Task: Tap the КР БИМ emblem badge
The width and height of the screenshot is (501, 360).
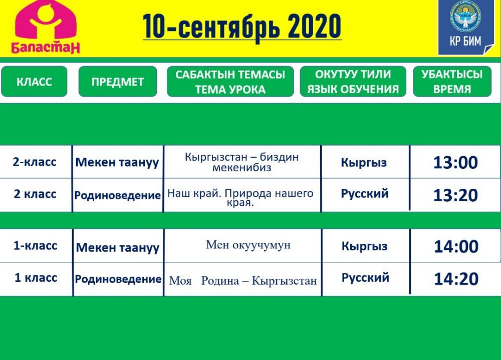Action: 466,27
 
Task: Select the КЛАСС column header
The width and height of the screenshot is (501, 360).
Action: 34,82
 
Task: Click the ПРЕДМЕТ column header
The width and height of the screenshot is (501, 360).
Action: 118,82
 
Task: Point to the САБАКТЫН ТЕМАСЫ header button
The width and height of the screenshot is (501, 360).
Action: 230,82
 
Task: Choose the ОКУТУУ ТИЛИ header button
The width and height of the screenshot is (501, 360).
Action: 353,82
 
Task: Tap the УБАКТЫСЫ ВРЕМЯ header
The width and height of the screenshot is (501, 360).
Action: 452,82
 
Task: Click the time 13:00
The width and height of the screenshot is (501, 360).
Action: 455,162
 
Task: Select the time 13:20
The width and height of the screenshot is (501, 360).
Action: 455,195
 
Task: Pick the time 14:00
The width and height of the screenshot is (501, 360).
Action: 456,247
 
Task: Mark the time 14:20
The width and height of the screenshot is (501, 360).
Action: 456,279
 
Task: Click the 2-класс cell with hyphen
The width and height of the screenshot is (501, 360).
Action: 35,162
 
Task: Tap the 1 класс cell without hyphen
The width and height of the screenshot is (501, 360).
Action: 36,277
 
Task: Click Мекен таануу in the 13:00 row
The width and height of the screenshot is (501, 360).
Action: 117,163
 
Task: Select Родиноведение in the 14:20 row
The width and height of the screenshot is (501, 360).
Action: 118,279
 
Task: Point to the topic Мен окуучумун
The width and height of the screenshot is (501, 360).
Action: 248,245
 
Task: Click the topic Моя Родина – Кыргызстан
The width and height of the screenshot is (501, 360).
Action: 243,281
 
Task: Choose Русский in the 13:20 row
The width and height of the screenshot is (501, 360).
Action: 365,194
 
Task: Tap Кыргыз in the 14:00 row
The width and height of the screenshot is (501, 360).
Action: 365,246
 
